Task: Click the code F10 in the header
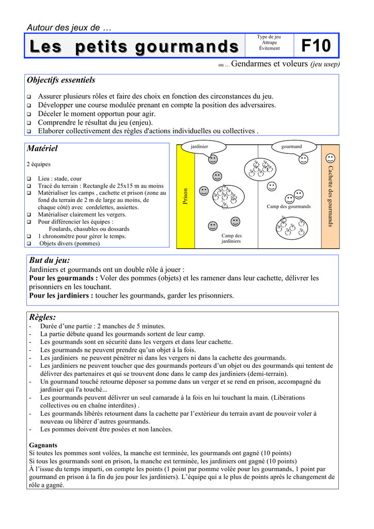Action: click(x=316, y=46)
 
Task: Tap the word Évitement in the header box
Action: click(x=269, y=49)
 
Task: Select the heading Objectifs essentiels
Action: click(x=61, y=80)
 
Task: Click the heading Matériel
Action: click(x=42, y=149)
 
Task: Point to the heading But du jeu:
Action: click(x=50, y=261)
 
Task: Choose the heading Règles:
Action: click(x=42, y=317)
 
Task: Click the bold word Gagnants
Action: click(x=43, y=445)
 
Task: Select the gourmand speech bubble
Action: click(x=292, y=147)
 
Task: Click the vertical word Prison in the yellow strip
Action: click(x=185, y=196)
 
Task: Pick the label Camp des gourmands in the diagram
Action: click(x=289, y=207)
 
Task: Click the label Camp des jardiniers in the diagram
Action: click(x=231, y=239)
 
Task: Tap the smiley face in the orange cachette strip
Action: click(x=330, y=158)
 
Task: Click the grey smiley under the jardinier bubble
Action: click(x=213, y=159)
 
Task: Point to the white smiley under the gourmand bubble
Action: click(x=303, y=159)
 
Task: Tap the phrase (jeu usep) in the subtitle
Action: click(x=325, y=64)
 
